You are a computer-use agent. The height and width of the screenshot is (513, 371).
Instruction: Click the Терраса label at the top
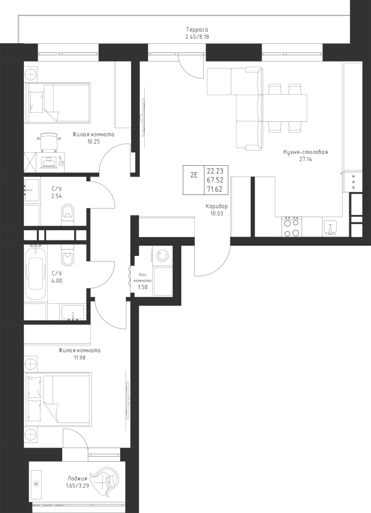point(197,30)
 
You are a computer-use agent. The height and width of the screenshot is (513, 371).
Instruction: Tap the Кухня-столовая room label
point(305,152)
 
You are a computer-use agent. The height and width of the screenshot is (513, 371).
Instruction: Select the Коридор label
point(217,206)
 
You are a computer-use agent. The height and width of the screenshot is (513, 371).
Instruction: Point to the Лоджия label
point(78,479)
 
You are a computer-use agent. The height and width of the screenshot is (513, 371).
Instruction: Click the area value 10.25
point(93,142)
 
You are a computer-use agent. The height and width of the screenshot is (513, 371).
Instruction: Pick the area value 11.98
point(80,357)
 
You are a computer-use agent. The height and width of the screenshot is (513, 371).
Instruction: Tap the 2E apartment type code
point(194,175)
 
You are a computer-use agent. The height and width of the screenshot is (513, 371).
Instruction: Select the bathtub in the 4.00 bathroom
point(36,273)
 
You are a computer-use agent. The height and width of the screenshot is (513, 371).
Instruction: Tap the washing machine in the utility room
point(162,255)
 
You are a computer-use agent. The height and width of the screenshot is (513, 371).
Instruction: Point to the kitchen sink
point(331,227)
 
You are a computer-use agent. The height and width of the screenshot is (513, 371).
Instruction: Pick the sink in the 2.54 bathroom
point(31,190)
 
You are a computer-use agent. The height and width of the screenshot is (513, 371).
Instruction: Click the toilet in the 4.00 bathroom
point(68,256)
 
